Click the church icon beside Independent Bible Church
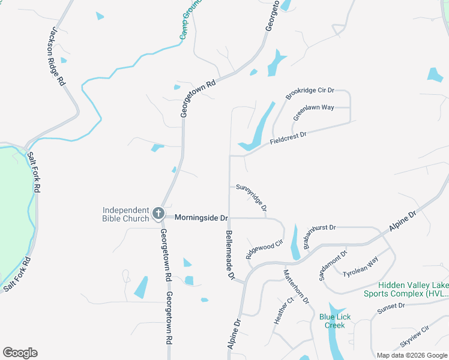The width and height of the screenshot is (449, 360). click(x=158, y=213)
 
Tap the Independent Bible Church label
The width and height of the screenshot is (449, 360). click(x=125, y=214)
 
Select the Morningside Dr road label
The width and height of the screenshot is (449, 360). click(x=202, y=218)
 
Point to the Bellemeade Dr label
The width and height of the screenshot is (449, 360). click(x=229, y=256)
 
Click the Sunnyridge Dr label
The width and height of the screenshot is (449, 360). click(x=252, y=196)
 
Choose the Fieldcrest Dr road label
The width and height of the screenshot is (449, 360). click(x=289, y=137)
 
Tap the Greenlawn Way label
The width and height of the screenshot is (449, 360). click(x=313, y=112)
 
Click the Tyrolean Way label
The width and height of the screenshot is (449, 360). click(x=361, y=267)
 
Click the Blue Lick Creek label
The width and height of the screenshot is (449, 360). click(x=335, y=321)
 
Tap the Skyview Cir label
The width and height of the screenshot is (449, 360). click(x=415, y=338)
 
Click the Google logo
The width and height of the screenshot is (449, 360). click(x=20, y=352)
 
